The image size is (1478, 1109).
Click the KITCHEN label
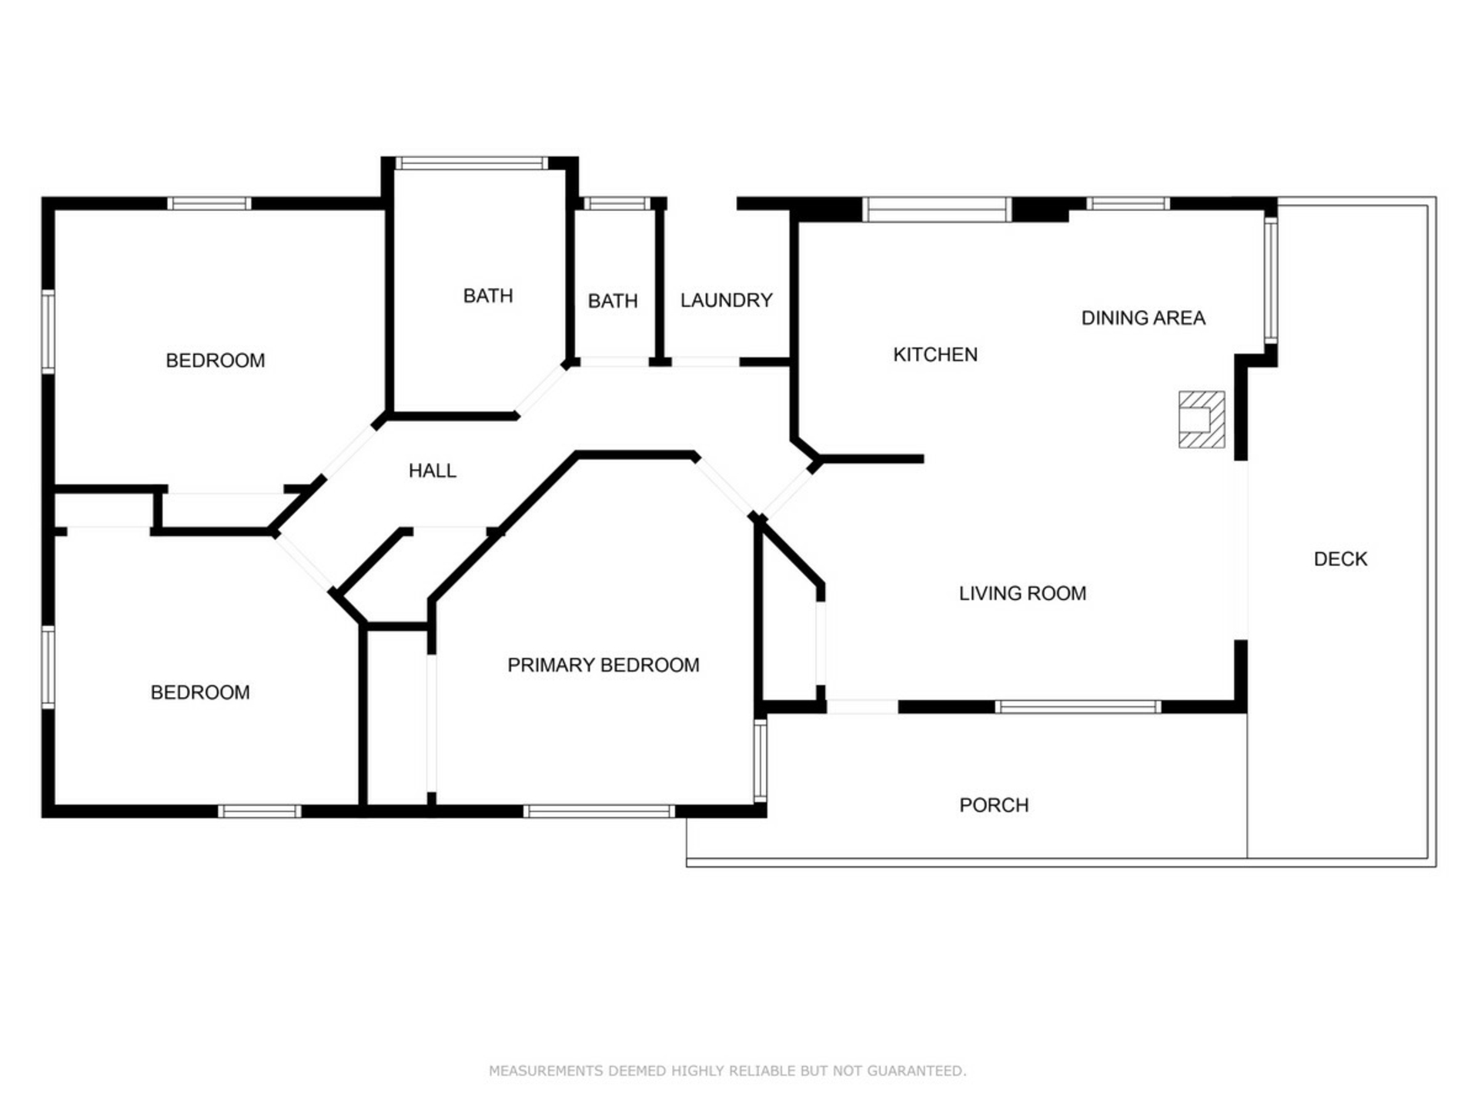tap(935, 354)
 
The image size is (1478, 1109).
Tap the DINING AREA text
tap(1143, 317)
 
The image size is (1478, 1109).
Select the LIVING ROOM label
tap(1022, 593)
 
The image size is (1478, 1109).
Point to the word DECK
tap(1340, 559)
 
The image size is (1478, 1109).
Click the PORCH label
tap(994, 805)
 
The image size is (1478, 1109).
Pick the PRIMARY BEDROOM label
tap(604, 665)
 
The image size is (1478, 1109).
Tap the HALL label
tap(433, 471)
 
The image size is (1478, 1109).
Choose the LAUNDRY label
tap(726, 300)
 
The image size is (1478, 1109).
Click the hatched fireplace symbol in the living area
tap(1202, 420)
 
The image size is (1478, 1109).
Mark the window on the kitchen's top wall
tap(936, 209)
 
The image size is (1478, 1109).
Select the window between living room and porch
tap(1078, 707)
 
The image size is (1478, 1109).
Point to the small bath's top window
tap(617, 203)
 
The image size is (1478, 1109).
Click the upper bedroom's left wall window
tap(48, 332)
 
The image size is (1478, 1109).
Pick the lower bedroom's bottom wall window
tap(259, 811)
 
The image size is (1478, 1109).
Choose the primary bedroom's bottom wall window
tap(599, 811)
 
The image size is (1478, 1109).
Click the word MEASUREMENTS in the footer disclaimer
tap(546, 1070)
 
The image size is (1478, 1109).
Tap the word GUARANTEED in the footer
tap(916, 1070)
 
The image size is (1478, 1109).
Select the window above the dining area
tap(1128, 203)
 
